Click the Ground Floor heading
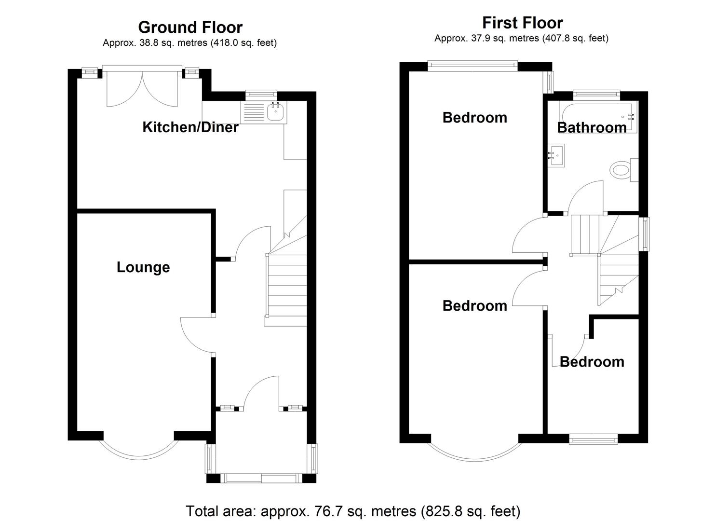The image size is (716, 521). [x=190, y=27]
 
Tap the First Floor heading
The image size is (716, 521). [x=522, y=23]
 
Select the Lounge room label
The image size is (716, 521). [x=143, y=268]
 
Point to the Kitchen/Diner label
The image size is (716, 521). [x=190, y=127]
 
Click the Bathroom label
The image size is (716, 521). [x=592, y=128]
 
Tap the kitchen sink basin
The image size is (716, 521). [x=275, y=111]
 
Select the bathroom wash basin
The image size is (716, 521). [x=557, y=155]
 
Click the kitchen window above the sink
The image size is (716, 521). [x=261, y=93]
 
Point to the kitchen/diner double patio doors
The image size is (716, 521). [x=142, y=87]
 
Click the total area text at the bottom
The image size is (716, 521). [x=353, y=511]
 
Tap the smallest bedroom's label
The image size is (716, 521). [x=592, y=362]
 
